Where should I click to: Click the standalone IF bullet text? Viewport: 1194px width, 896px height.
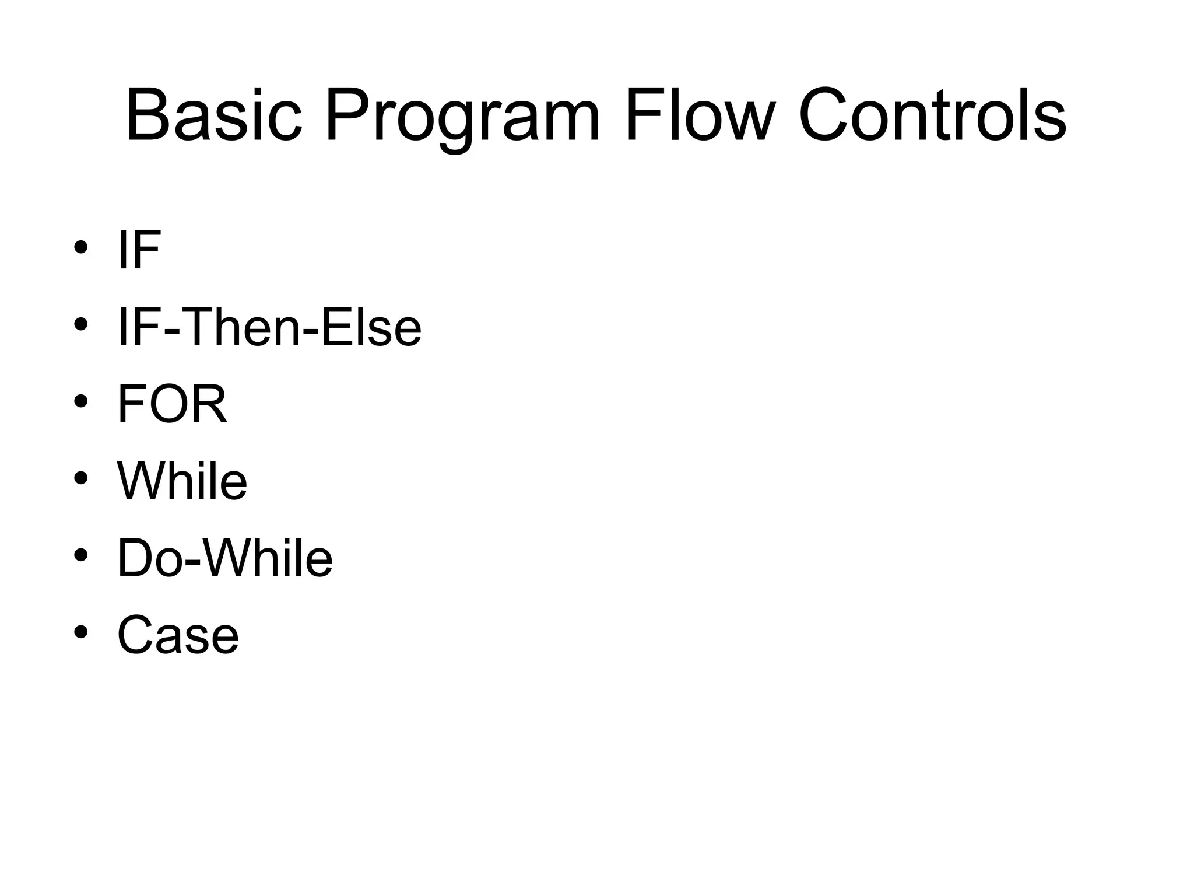point(139,250)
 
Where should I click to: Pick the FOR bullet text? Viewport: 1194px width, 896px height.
point(172,404)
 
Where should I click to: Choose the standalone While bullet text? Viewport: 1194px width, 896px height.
point(182,481)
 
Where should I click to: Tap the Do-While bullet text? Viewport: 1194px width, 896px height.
point(224,558)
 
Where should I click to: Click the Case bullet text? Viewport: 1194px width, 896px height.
point(178,635)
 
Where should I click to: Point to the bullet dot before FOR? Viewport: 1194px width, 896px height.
point(81,401)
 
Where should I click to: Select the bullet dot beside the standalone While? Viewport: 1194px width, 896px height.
point(81,478)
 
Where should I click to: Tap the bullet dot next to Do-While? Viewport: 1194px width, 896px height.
point(81,555)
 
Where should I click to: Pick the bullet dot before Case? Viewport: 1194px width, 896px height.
point(81,632)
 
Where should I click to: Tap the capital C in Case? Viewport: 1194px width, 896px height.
point(135,635)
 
